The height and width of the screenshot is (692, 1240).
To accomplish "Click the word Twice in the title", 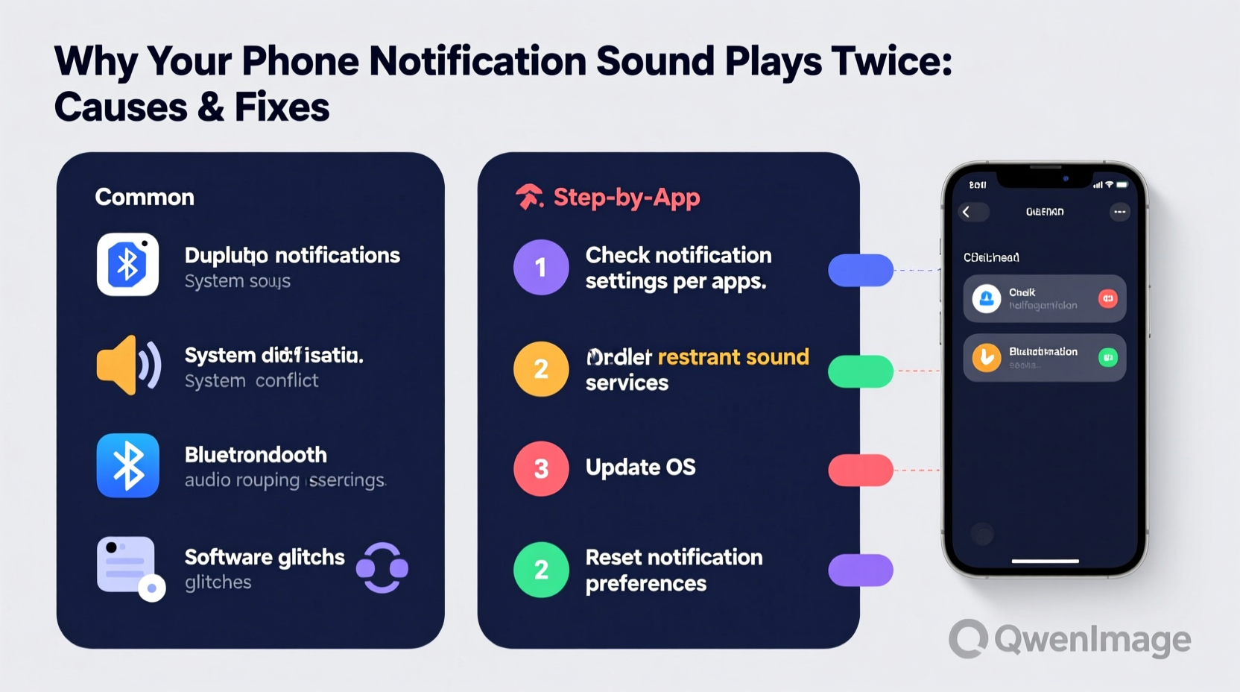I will tap(891, 61).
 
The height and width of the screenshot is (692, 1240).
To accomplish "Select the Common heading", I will tap(145, 197).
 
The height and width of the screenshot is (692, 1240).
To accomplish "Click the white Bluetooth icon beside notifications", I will tap(127, 265).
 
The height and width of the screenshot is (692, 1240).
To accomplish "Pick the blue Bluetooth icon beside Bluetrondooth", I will tap(127, 465).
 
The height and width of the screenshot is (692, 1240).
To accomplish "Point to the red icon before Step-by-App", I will tap(529, 197).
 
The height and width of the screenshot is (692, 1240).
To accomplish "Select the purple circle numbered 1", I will tap(541, 267).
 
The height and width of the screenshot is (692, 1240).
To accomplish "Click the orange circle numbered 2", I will tap(541, 368).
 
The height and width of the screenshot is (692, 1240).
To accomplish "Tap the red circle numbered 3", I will tap(541, 468).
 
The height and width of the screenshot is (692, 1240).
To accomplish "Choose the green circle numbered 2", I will tap(541, 570).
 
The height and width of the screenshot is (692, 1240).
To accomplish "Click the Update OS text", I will tap(640, 468).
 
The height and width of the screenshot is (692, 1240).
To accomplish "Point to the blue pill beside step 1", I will tap(861, 270).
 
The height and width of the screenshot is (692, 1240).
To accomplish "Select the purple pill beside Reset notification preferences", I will tap(861, 570).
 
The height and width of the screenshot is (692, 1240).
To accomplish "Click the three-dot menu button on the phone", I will tap(1119, 212).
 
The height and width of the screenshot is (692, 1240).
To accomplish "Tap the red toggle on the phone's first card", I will tap(1108, 298).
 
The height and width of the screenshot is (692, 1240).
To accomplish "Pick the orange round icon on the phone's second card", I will tap(987, 358).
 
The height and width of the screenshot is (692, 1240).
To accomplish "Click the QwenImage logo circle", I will tap(969, 639).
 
